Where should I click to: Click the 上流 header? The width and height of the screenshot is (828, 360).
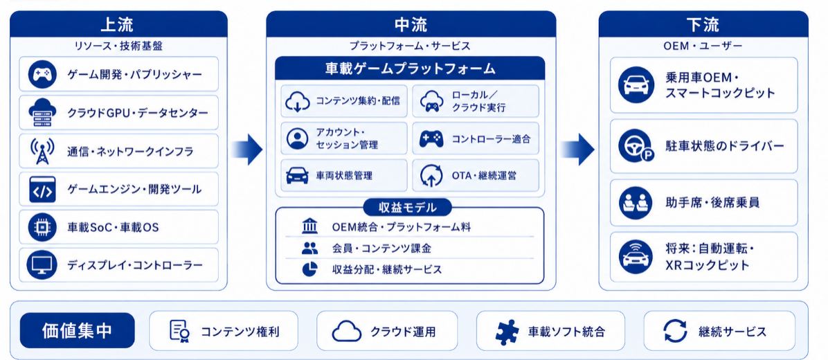(119, 24)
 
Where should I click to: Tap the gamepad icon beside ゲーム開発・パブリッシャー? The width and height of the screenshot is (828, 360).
(42, 74)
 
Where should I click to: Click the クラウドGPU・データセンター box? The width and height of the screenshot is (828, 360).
(119, 112)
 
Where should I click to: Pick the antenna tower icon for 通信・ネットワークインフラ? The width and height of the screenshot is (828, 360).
(42, 150)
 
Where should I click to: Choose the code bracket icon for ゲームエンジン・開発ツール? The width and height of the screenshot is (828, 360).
(42, 188)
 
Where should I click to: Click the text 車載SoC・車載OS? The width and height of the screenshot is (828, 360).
(113, 227)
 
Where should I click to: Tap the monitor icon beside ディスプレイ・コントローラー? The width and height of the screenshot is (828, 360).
(42, 265)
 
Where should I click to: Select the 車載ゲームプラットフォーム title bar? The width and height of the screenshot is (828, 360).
(410, 68)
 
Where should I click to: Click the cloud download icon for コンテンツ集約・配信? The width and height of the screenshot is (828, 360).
(297, 101)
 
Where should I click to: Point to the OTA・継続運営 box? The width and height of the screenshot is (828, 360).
(475, 175)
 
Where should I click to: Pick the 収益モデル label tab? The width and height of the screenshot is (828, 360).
(408, 208)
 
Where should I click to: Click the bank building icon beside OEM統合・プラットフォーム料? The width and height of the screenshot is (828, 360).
(309, 228)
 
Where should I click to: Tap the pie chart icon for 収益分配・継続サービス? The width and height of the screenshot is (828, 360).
(309, 269)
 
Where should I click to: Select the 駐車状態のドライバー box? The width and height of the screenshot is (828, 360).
(704, 146)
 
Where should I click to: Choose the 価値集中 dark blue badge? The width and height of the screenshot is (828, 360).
(77, 331)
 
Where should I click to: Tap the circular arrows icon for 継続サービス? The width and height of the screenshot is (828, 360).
(675, 332)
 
